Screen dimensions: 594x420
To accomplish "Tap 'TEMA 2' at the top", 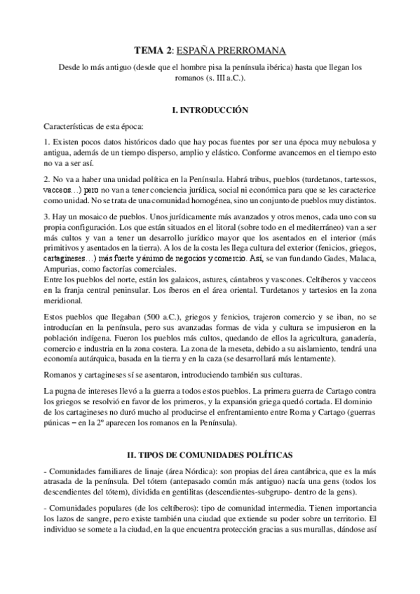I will tap(151, 51).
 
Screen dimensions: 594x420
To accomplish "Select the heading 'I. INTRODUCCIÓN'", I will tap(210, 111).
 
